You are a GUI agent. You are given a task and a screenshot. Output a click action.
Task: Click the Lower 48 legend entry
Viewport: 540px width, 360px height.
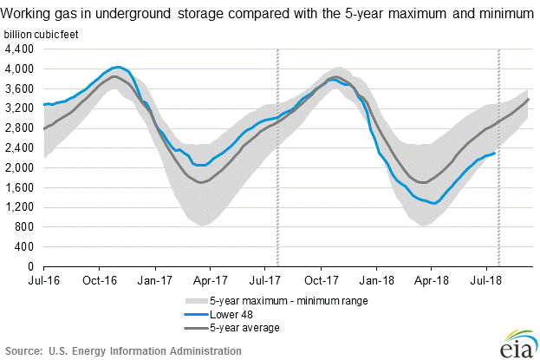229,315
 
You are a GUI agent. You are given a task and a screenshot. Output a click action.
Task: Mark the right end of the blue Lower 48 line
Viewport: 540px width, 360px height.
495,154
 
